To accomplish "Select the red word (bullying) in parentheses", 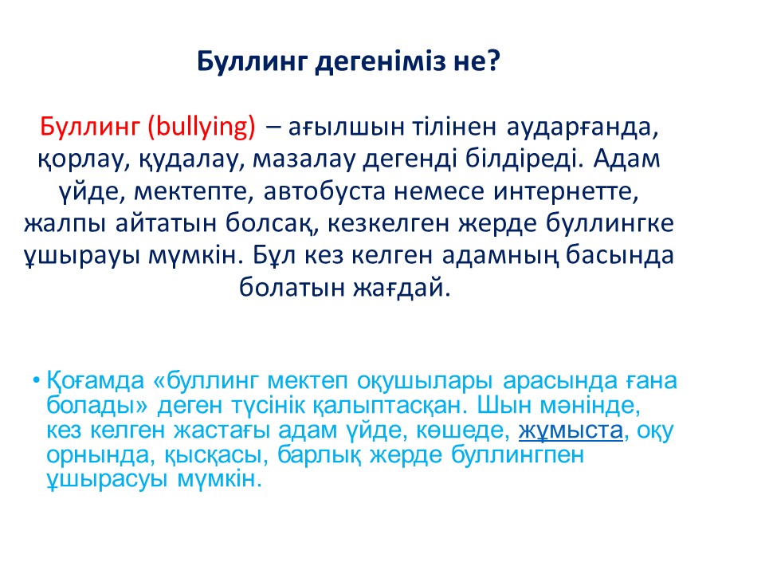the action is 202,127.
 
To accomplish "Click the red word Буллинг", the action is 90,127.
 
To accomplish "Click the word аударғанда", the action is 583,128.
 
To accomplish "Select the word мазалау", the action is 304,159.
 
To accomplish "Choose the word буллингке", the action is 610,223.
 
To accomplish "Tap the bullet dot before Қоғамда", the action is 36,380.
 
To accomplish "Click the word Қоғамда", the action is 95,381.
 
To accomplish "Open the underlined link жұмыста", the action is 571,431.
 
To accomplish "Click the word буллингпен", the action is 517,455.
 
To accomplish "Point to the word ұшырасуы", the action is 107,479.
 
